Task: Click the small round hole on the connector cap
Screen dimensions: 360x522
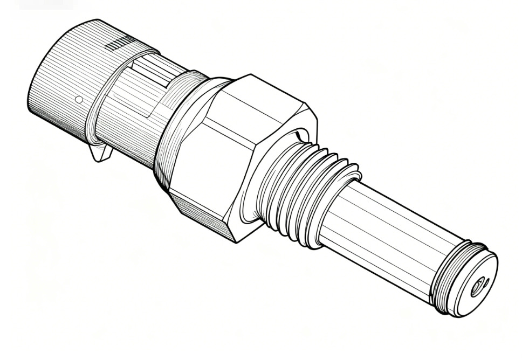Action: (79, 100)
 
